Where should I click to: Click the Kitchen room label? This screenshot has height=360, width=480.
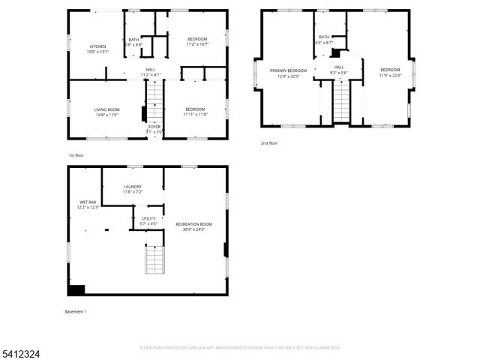point(98,49)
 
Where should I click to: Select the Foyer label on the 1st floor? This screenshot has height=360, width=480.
point(154,129)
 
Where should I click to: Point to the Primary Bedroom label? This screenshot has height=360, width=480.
point(287,73)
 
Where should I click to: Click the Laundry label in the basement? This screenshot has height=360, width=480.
point(132,189)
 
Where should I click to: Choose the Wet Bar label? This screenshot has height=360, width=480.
point(88,204)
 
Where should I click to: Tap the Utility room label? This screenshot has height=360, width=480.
point(148,220)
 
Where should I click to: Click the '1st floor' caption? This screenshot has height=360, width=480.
point(76,154)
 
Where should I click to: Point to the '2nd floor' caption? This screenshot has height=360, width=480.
point(268,142)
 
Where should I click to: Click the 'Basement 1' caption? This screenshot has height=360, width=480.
point(76,311)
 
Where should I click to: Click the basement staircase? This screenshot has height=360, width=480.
point(154,260)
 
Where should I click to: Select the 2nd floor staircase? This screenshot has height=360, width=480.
point(341,103)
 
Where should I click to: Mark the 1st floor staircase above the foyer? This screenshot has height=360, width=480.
point(154,99)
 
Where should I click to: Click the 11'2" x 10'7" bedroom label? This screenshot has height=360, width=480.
point(197,41)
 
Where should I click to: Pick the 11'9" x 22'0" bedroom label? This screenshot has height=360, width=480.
point(390,73)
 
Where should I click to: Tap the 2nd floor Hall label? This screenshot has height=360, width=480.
point(339,70)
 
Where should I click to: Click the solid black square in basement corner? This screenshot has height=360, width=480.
point(76,290)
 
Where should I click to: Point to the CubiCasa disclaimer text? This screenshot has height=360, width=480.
point(240,348)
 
